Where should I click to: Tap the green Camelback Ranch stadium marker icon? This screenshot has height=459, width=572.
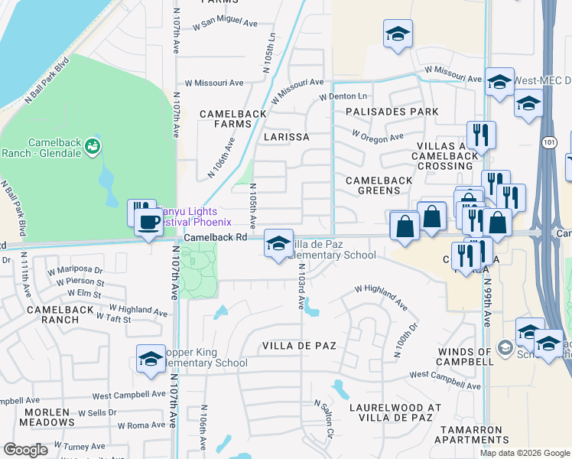pos(93,145)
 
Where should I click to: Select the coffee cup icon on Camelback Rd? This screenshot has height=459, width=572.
pos(148,223)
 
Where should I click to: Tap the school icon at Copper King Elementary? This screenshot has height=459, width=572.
pos(151,359)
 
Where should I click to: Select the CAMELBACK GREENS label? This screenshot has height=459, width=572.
pos(379,185)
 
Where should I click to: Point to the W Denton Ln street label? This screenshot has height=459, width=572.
pos(343,96)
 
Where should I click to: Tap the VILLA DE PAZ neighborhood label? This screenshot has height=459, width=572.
pos(299,346)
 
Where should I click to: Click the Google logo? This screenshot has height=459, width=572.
pos(25,450)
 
